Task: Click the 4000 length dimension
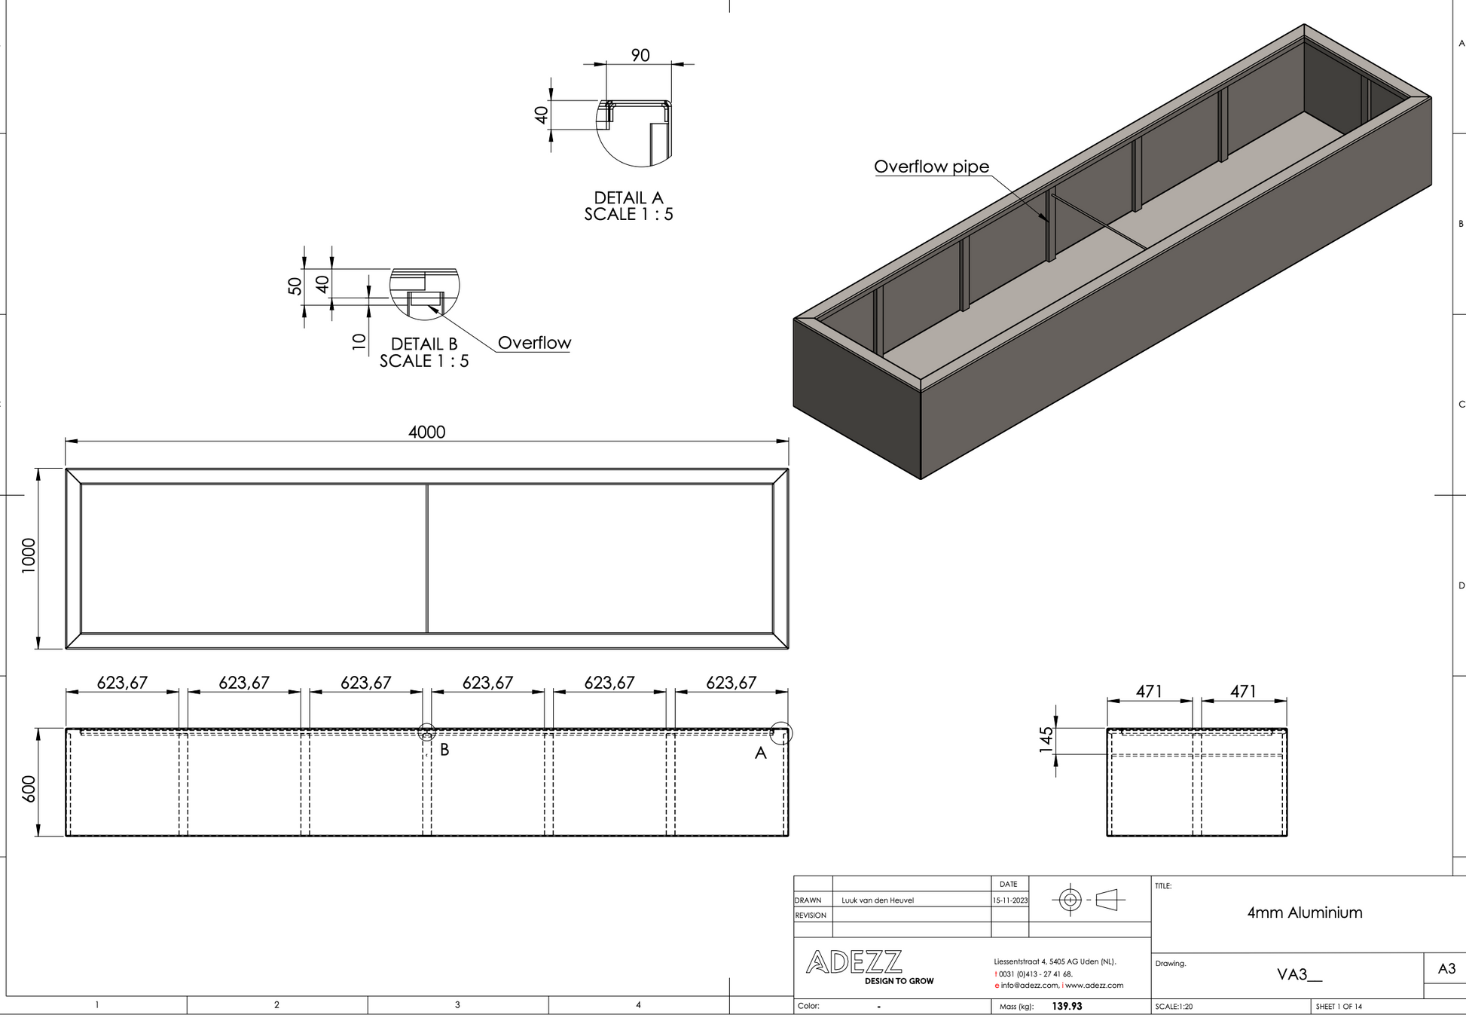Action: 426,432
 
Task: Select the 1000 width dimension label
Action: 29,555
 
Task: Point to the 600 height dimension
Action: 29,789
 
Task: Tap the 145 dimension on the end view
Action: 1046,741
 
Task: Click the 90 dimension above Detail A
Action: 640,55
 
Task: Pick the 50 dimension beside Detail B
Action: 295,286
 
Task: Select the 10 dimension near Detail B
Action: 359,341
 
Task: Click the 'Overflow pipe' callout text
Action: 931,167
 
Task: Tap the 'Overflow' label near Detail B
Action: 534,343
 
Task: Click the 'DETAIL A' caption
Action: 628,197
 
